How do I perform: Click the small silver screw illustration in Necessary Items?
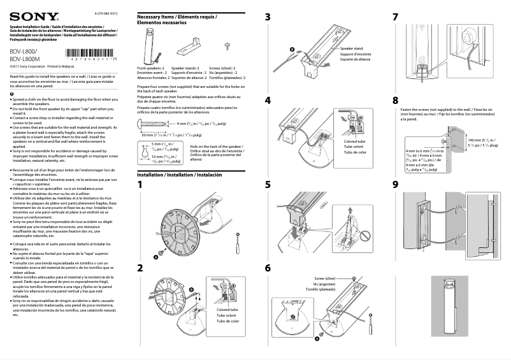[227, 45]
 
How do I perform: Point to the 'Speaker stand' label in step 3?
[351, 48]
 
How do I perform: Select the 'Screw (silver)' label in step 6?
[325, 279]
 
